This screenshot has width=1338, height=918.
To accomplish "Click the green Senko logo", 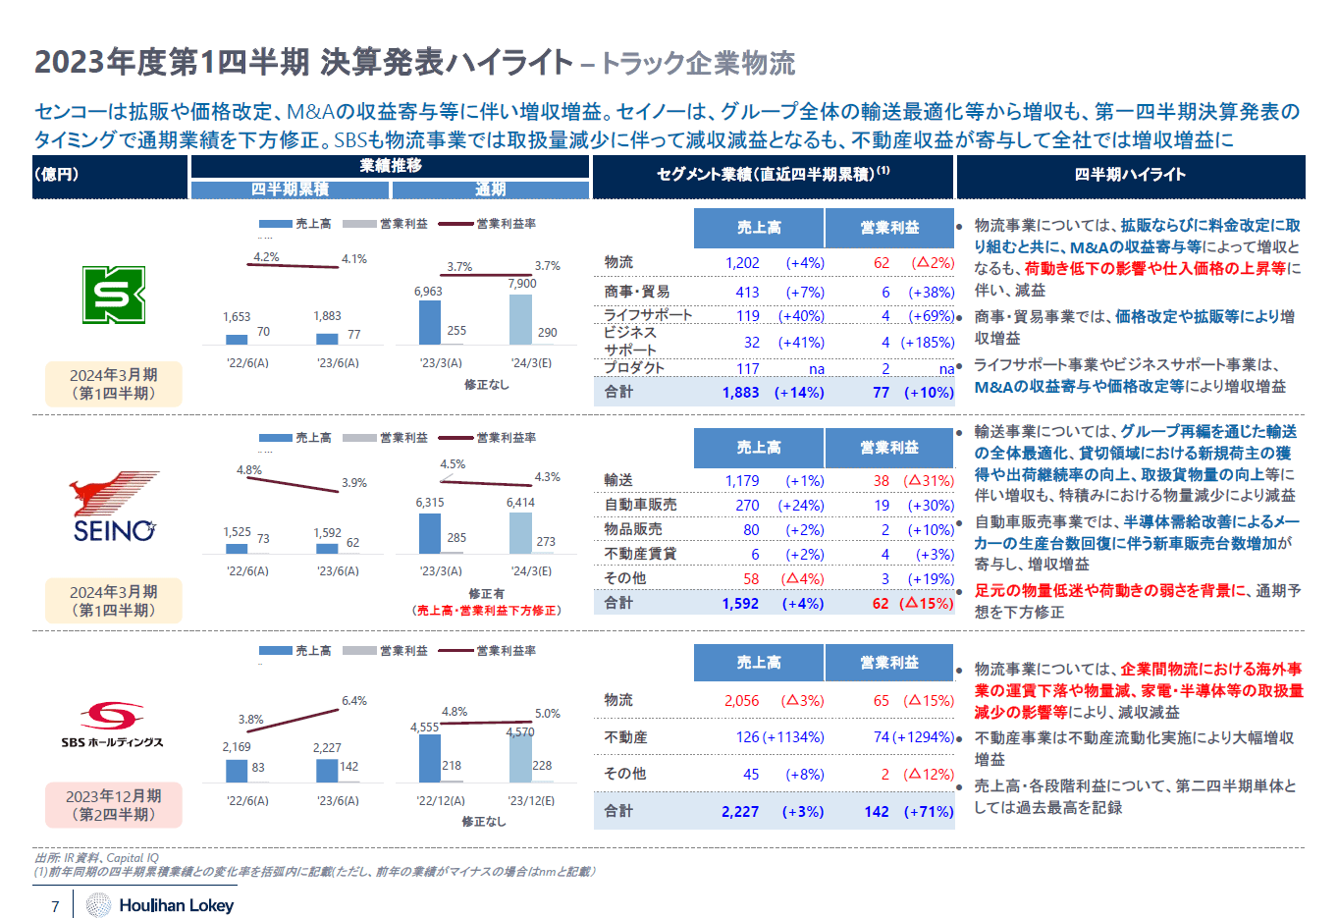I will [x=114, y=295].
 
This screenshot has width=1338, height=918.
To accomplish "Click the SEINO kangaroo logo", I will [x=114, y=507].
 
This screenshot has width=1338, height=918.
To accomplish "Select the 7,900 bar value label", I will [x=522, y=284].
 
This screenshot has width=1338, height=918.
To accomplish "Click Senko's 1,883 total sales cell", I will [x=741, y=393].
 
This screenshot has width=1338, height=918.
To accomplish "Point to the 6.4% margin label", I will [x=354, y=701].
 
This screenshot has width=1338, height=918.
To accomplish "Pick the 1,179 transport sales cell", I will [x=742, y=481].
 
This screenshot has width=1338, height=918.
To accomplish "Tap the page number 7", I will [x=56, y=906].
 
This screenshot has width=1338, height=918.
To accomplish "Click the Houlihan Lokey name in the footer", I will [x=176, y=905].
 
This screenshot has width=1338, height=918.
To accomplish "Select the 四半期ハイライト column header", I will [x=1130, y=175].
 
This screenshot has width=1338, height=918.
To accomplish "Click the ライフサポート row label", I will [x=648, y=315].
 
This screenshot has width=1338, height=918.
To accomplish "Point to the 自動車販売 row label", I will [x=640, y=505].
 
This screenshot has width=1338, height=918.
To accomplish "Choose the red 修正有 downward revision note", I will [x=487, y=602].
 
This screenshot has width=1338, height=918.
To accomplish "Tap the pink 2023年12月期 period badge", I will [x=114, y=805].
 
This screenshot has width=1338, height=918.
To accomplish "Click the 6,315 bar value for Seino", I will [x=430, y=503].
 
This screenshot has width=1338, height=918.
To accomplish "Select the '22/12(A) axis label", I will [x=441, y=801].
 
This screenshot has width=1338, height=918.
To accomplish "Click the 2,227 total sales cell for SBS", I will [x=740, y=812].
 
